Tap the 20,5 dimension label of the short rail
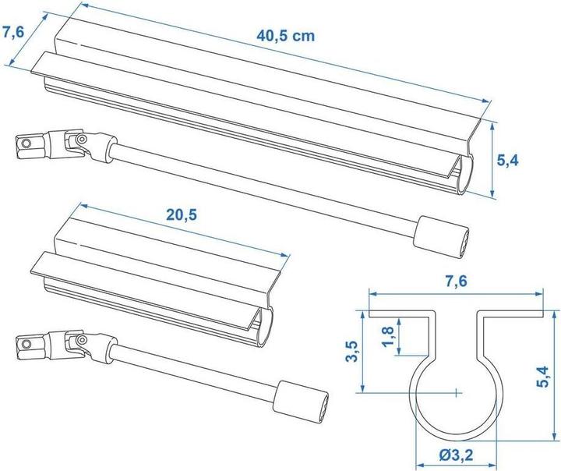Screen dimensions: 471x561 (x=178, y=215)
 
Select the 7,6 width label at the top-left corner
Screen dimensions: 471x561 (x=13, y=32)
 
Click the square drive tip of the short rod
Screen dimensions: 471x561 (x=26, y=342)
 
